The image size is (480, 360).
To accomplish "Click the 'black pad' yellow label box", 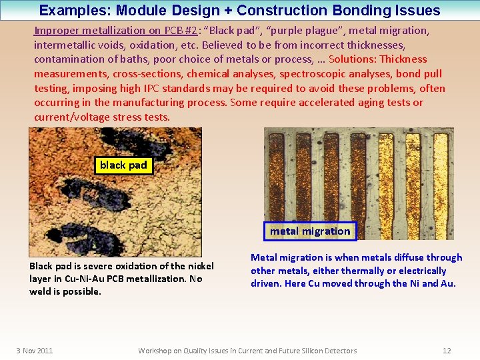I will pyautogui.click(x=123, y=165).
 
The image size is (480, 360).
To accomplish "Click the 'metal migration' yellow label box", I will pyautogui.click(x=310, y=231).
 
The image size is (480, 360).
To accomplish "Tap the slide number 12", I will pyautogui.click(x=447, y=351).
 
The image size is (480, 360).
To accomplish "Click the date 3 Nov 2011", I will pyautogui.click(x=35, y=351).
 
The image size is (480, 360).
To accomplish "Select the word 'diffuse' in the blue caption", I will pyautogui.click(x=395, y=257).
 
